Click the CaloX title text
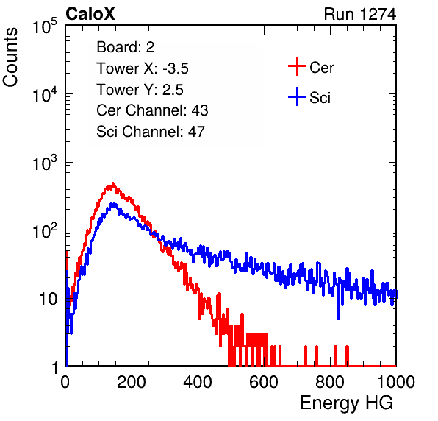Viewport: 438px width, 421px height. [x=90, y=14]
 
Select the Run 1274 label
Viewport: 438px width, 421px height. [x=360, y=14]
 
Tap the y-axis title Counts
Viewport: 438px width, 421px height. [x=10, y=57]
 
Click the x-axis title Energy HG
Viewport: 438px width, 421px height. [x=346, y=403]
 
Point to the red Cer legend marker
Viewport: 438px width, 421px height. [x=297, y=66]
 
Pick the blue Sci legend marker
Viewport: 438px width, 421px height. [x=297, y=97]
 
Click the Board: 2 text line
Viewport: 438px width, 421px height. [x=126, y=47]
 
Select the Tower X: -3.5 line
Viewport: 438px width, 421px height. [x=143, y=68]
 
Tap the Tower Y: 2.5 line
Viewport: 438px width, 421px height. [x=140, y=90]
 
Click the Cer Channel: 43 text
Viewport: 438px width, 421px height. [x=152, y=110]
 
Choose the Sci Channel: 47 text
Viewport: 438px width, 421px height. [x=151, y=132]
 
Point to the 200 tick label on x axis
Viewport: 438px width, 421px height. [x=132, y=382]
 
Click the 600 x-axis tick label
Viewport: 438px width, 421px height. [x=264, y=382]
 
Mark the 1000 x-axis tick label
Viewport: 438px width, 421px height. [x=396, y=382]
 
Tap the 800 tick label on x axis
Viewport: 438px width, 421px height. [x=330, y=382]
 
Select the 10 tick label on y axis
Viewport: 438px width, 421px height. [x=49, y=299]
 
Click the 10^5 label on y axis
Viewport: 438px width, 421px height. [x=45, y=26]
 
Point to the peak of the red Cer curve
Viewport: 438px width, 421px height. [x=113, y=183]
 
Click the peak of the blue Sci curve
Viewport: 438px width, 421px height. [x=113, y=204]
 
